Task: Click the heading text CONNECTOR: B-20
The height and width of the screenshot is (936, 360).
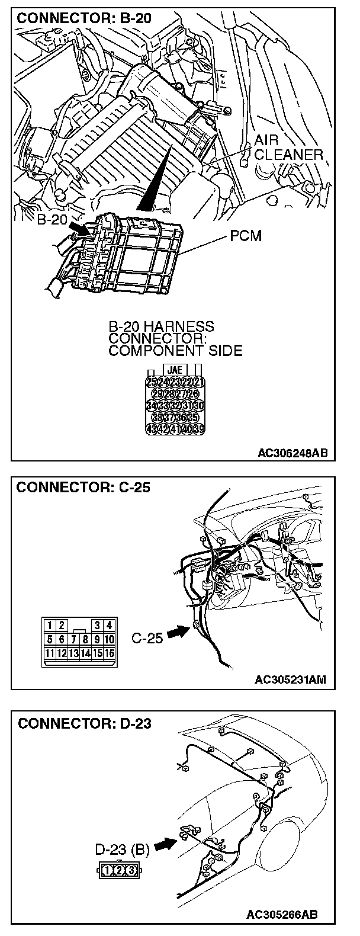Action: [x=84, y=18]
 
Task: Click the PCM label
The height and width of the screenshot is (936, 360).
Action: [x=246, y=237]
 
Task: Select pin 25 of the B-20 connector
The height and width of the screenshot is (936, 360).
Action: [x=150, y=382]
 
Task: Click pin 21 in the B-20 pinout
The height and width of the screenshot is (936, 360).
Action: [x=198, y=382]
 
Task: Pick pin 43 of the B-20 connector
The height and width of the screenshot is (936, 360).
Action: [x=150, y=428]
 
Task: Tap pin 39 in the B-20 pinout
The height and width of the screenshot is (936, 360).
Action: [x=198, y=428]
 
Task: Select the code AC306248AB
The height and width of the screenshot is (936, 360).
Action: [x=293, y=453]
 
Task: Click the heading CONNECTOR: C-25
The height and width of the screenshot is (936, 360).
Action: [x=83, y=488]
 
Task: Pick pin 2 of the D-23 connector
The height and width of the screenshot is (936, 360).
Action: [x=119, y=870]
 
